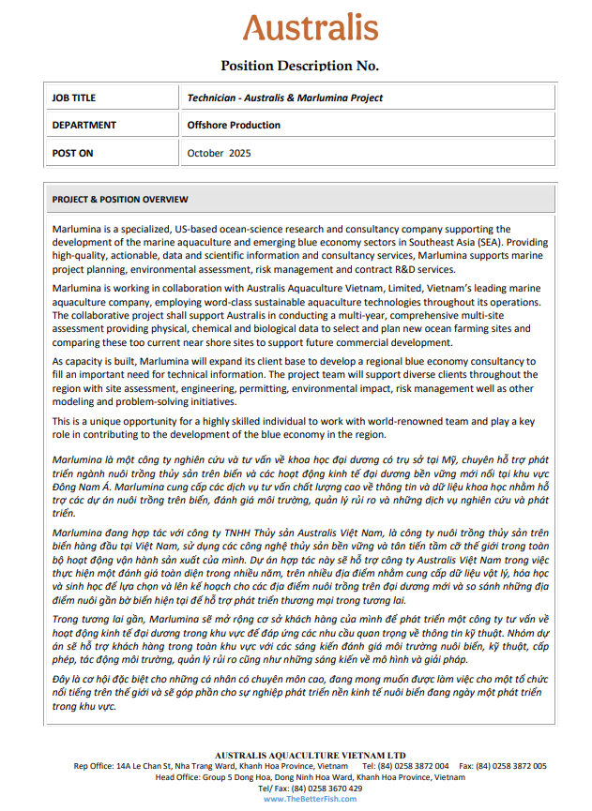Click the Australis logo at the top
point(311,27)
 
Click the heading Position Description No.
point(299,66)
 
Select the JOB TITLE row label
point(74,98)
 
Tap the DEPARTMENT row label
point(84,125)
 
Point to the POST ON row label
point(73,152)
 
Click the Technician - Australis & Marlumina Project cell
point(284,98)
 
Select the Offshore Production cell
point(234,125)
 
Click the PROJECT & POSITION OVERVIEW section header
point(120,200)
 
